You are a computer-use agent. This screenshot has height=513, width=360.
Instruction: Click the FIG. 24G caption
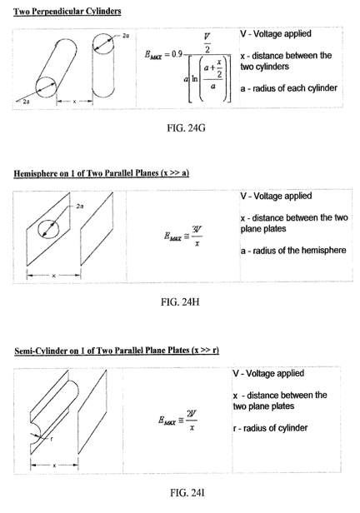(186, 127)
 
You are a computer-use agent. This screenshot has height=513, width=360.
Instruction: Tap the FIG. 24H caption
(180, 301)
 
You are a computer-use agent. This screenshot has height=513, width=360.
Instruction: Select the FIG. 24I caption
(187, 492)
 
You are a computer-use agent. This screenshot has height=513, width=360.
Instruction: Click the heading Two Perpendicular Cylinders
(67, 12)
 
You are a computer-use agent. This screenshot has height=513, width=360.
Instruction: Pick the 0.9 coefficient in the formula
(177, 54)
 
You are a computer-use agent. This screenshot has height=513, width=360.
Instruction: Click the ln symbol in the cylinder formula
(195, 78)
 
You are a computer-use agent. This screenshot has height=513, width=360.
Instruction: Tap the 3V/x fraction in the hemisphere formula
(197, 237)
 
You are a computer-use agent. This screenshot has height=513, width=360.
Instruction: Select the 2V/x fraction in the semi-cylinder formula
(192, 420)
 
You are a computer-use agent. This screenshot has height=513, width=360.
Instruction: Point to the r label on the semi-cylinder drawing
(52, 439)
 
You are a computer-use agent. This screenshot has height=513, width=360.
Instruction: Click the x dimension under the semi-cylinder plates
(54, 465)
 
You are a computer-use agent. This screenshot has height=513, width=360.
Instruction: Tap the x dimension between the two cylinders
(75, 102)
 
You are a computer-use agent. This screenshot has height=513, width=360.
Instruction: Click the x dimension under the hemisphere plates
(53, 276)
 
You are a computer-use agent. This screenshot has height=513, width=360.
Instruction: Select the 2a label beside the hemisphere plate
(80, 207)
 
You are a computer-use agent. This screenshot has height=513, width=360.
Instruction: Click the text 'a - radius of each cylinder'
(288, 88)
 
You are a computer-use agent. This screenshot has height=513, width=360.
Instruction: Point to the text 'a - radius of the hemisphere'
(293, 251)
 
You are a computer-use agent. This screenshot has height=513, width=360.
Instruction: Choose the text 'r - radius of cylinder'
(270, 428)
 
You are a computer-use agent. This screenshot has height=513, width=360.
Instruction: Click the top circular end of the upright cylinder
(103, 43)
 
